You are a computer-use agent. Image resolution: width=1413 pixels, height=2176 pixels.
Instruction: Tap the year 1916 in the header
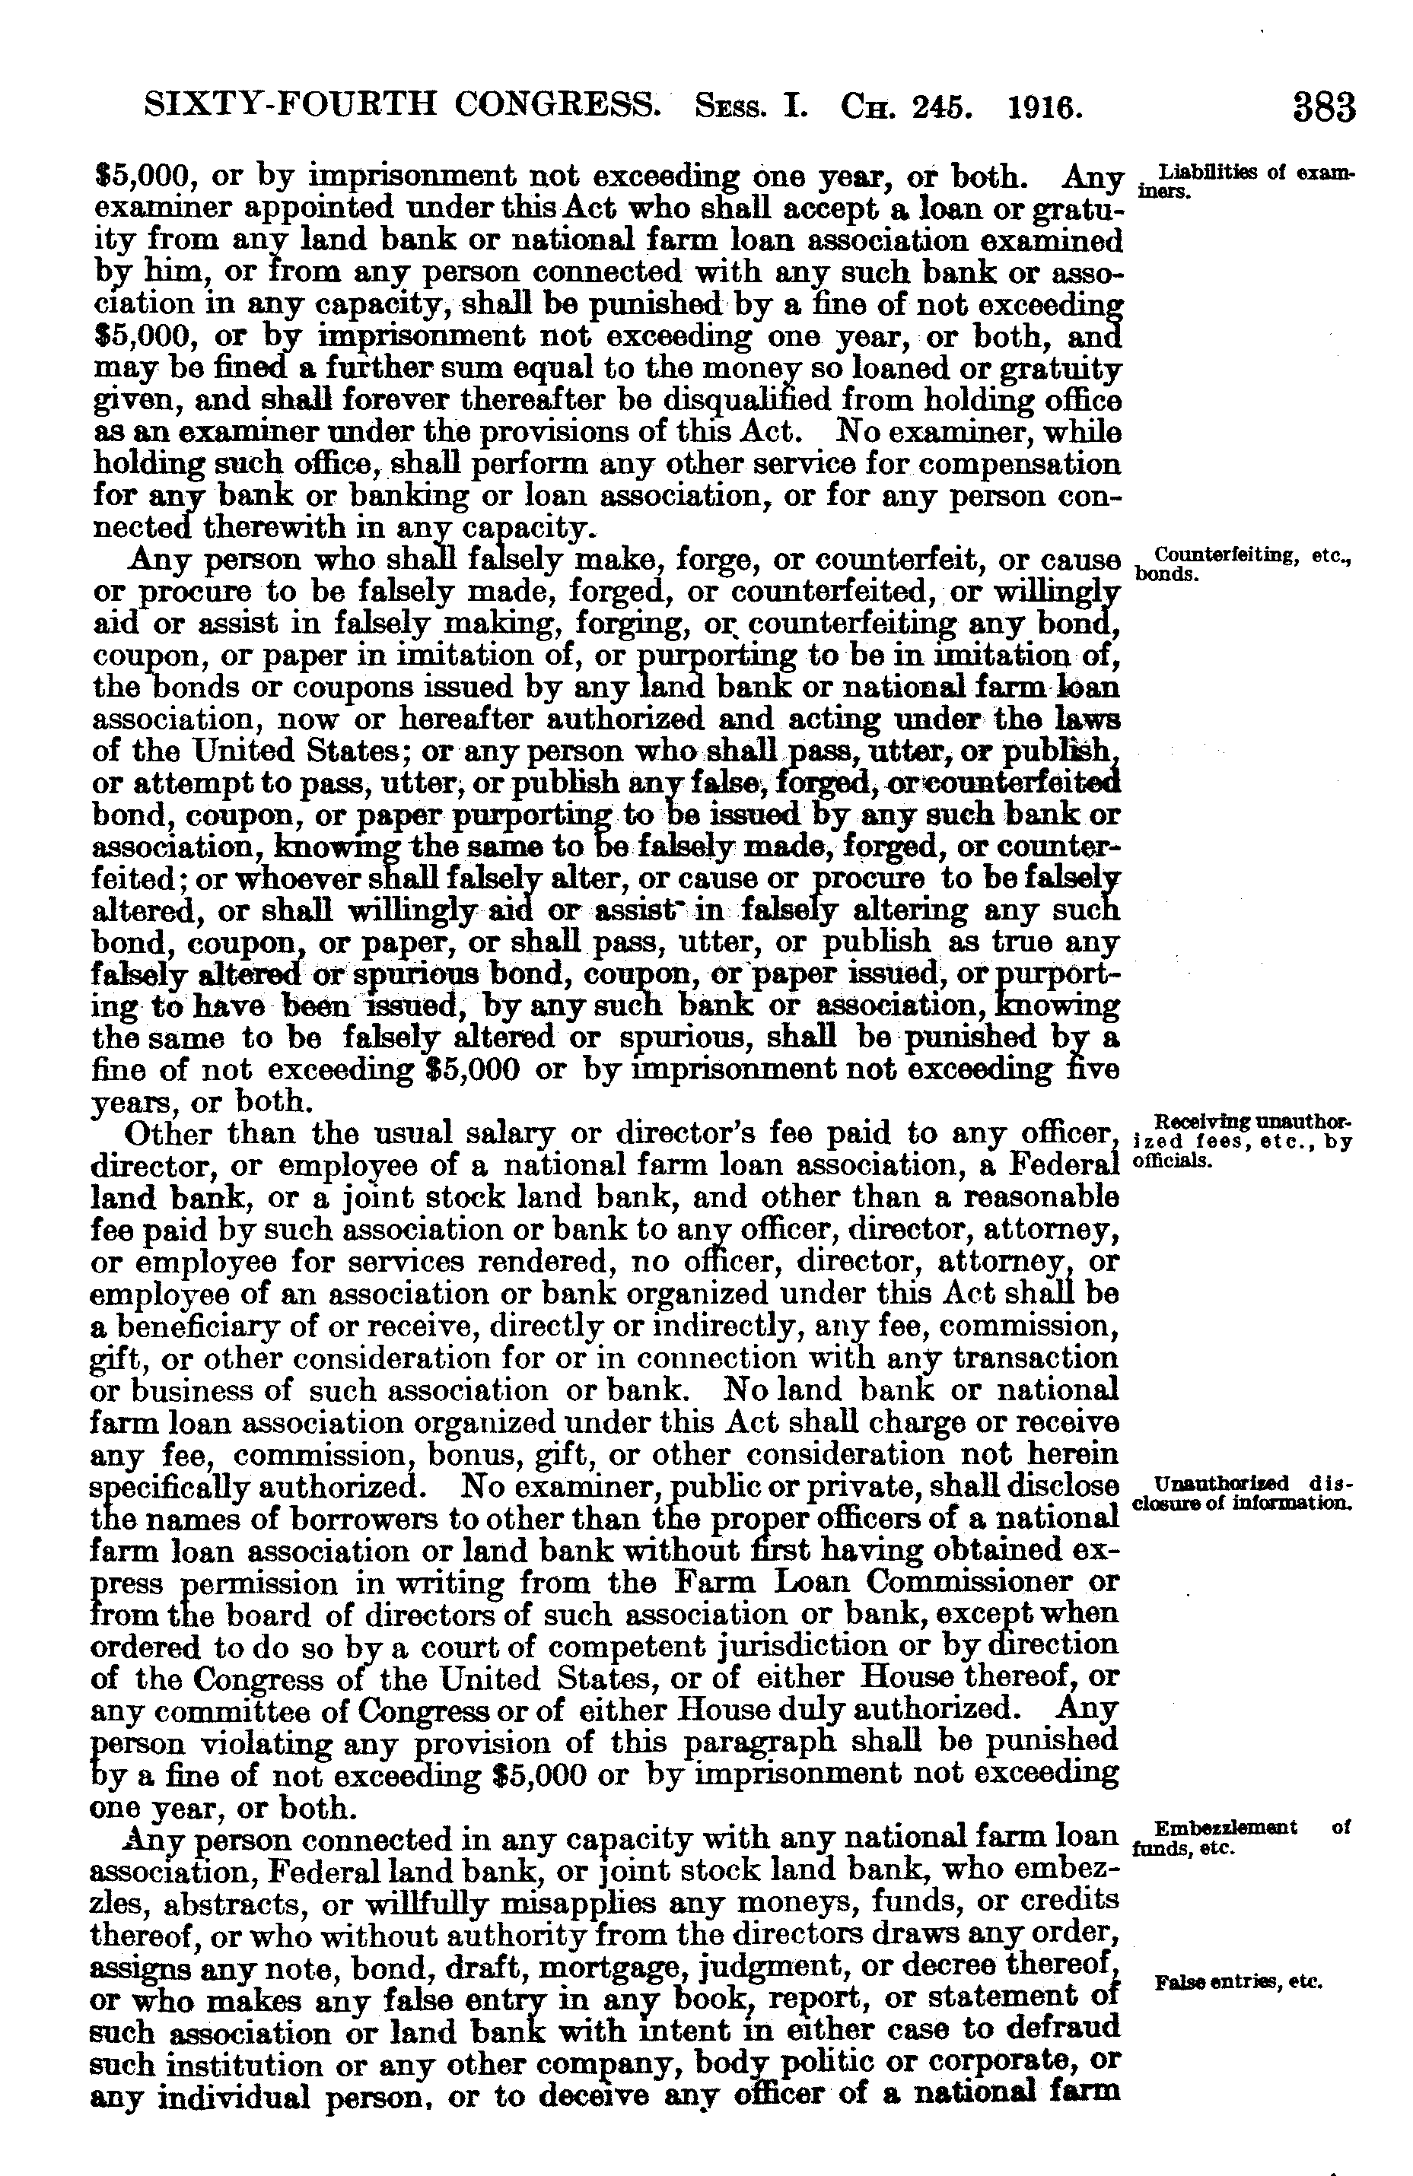pos(1045,109)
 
